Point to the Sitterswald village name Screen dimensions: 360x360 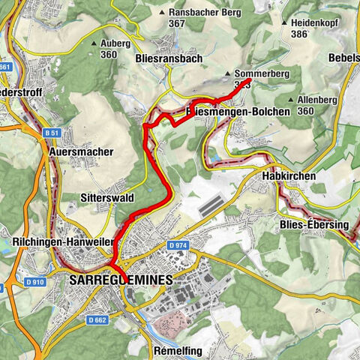point(107,199)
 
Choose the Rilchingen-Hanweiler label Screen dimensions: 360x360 point(62,242)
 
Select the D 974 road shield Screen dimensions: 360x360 point(177,245)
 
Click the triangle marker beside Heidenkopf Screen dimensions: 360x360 point(284,23)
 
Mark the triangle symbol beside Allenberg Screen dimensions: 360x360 point(291,100)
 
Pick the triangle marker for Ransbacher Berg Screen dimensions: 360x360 point(163,13)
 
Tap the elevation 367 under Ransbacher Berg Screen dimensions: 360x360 point(177,24)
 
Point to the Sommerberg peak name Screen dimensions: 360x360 point(256,74)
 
